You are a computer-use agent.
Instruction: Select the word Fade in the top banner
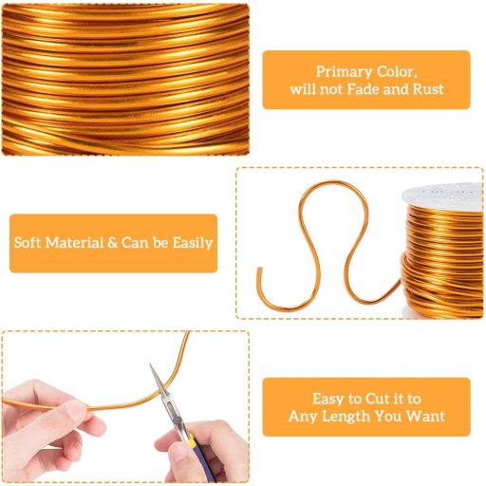click(x=363, y=89)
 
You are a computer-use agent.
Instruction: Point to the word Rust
click(x=428, y=89)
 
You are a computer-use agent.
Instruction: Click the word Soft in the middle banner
click(x=28, y=243)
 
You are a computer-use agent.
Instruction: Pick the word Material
click(x=75, y=243)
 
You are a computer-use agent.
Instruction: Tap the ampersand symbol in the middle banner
click(x=113, y=243)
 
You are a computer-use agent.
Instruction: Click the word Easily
click(x=192, y=243)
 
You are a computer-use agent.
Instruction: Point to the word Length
click(x=345, y=417)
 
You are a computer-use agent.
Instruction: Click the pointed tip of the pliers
click(x=151, y=364)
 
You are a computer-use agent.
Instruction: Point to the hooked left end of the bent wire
click(x=258, y=270)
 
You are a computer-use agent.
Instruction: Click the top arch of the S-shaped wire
click(x=333, y=182)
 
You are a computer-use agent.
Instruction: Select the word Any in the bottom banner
click(x=303, y=417)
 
